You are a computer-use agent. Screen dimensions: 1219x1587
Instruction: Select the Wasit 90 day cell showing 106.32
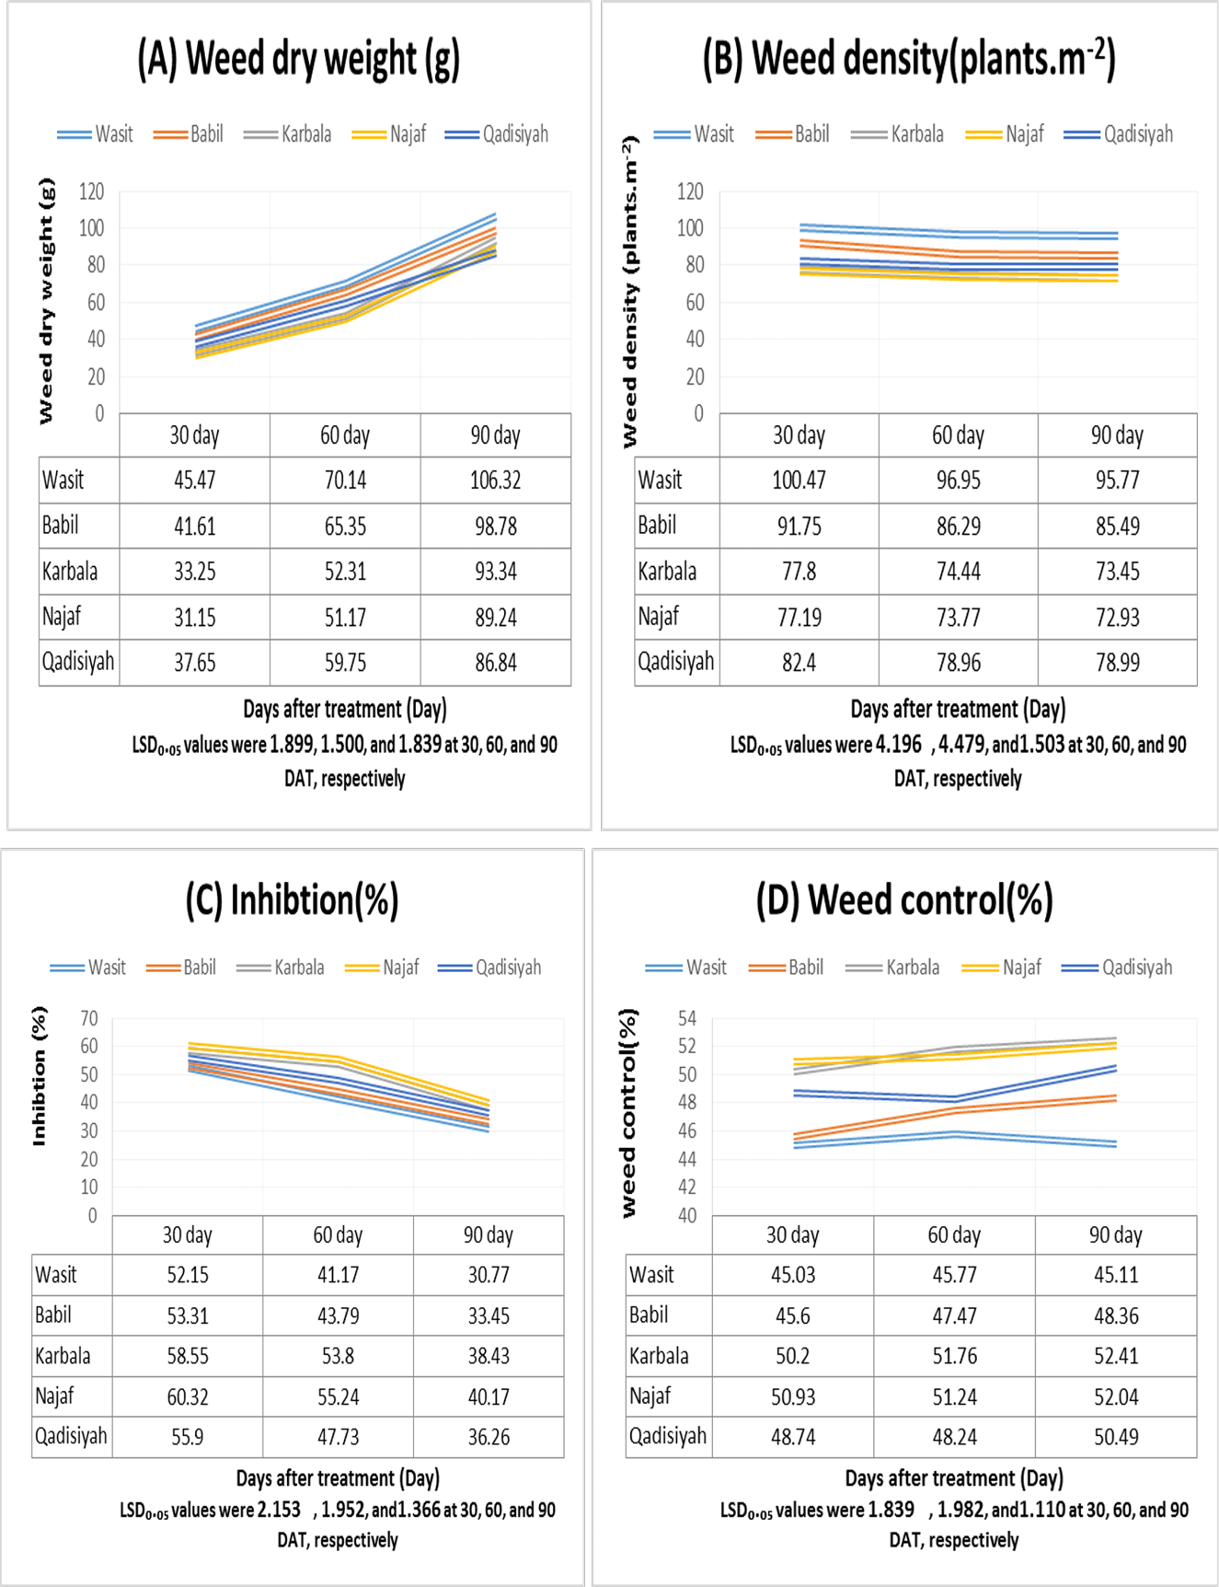pyautogui.click(x=496, y=480)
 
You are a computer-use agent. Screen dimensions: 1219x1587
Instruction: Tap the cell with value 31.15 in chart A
pyautogui.click(x=195, y=617)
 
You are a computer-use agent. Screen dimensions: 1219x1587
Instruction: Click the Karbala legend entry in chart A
pyautogui.click(x=288, y=134)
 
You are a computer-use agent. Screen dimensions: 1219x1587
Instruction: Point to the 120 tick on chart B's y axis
pyautogui.click(x=690, y=191)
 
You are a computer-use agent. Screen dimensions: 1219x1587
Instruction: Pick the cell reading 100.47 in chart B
pyautogui.click(x=799, y=480)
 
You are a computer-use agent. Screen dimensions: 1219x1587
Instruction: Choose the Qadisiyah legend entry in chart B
pyautogui.click(x=1119, y=134)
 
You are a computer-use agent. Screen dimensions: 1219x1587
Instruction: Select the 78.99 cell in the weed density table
pyautogui.click(x=1118, y=662)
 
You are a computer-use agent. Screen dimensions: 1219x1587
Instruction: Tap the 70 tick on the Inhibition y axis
pyautogui.click(x=88, y=1018)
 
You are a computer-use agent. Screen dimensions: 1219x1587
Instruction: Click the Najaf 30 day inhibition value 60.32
pyautogui.click(x=188, y=1396)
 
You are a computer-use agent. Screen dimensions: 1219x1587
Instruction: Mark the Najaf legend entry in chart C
pyautogui.click(x=383, y=967)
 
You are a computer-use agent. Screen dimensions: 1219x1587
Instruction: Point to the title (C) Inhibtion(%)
pyautogui.click(x=292, y=900)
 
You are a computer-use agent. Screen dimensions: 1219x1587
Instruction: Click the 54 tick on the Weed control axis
pyautogui.click(x=687, y=1018)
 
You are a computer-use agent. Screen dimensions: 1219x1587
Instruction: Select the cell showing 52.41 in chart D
pyautogui.click(x=1116, y=1356)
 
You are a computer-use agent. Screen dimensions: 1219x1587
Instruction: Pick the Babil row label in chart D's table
pyautogui.click(x=649, y=1315)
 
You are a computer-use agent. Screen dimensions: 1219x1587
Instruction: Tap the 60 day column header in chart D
pyautogui.click(x=954, y=1234)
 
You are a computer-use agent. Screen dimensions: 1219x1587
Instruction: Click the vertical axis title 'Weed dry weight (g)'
pyautogui.click(x=46, y=301)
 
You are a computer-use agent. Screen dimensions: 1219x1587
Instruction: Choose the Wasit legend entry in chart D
pyautogui.click(x=686, y=967)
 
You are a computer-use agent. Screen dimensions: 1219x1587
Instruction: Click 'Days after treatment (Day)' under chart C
pyautogui.click(x=338, y=1477)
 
